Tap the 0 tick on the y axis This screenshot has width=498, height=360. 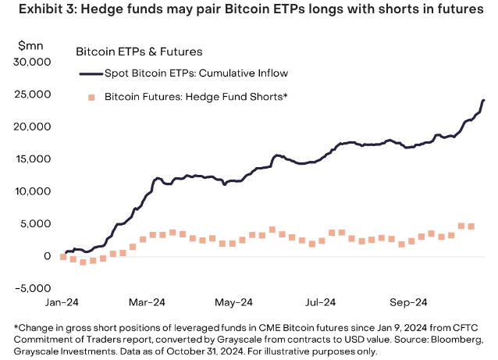(48, 256)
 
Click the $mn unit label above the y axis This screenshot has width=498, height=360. (29, 46)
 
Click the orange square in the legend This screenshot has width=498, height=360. (91, 97)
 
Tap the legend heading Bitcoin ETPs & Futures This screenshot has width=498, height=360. (139, 52)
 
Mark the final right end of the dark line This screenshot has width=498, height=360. (483, 100)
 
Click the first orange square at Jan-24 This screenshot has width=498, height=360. (63, 256)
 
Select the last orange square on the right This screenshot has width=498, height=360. (471, 226)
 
